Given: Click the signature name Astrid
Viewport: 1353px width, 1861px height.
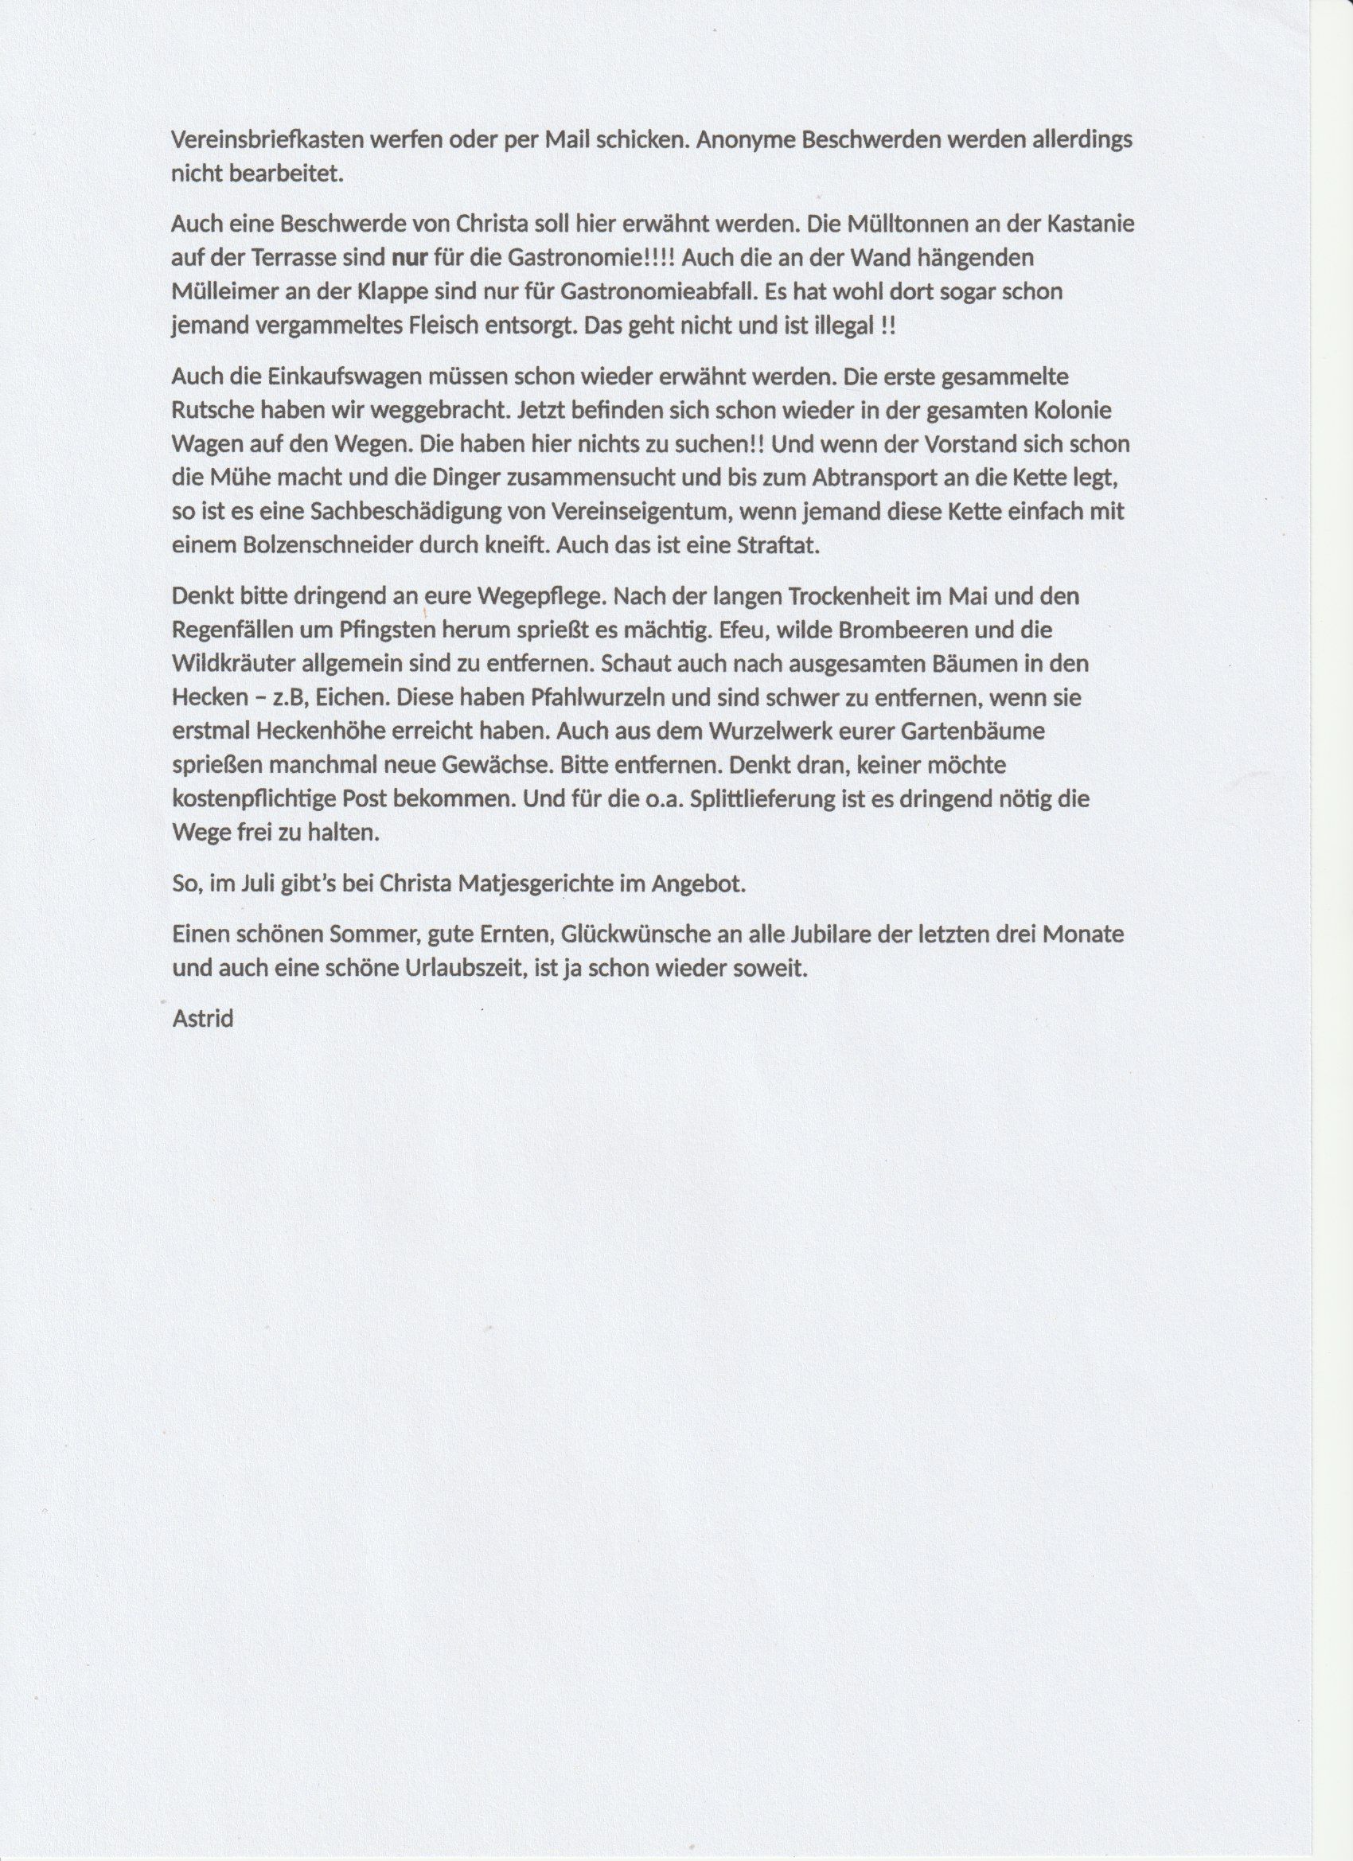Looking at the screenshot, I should (204, 1020).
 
